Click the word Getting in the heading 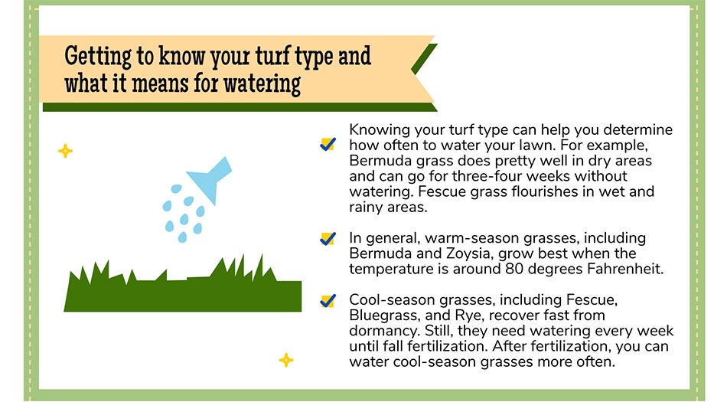(x=98, y=56)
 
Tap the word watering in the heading (x=262, y=84)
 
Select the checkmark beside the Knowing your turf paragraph (x=328, y=144)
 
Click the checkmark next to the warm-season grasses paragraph (x=328, y=239)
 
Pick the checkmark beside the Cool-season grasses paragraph (x=328, y=301)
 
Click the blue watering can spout (x=211, y=179)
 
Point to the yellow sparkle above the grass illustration (x=65, y=151)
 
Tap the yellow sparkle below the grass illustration (x=286, y=360)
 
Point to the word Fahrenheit (x=625, y=269)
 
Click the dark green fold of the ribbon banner (x=424, y=60)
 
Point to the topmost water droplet (x=176, y=188)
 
